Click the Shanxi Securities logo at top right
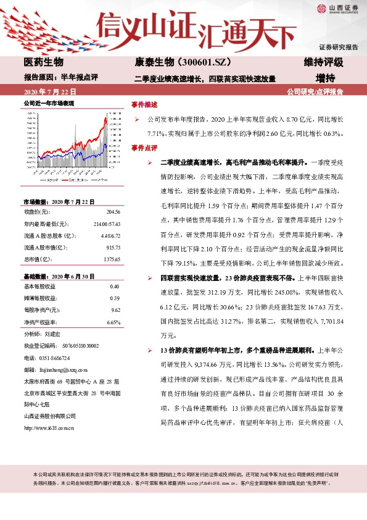pos(338,9)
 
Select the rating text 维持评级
pos(323,63)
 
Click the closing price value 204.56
pos(113,211)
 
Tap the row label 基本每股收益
pos(39,287)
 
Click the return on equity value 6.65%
pos(112,322)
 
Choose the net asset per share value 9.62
pos(115,310)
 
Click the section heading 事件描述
pos(145,104)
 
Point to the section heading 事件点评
pos(145,148)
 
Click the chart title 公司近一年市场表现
pos(49,104)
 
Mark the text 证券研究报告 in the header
pos(339,47)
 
